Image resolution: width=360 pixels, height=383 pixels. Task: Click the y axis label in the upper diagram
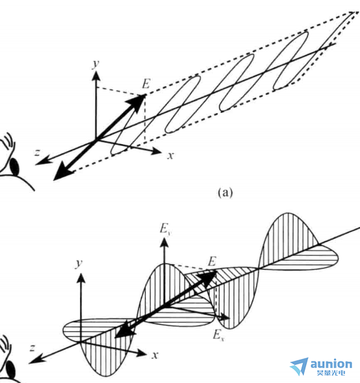point(96,64)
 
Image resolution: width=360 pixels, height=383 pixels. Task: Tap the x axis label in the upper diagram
point(170,155)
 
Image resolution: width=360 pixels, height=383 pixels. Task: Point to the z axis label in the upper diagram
point(37,153)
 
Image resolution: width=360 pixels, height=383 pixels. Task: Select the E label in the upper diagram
point(146,84)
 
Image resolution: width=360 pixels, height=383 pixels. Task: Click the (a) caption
point(225,193)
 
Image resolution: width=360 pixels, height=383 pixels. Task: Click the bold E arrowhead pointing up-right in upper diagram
point(138,101)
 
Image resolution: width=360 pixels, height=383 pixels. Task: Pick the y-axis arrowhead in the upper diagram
point(96,75)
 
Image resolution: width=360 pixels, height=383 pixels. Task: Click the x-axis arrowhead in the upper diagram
point(156,151)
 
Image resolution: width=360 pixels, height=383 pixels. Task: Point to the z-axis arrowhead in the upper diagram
point(41,162)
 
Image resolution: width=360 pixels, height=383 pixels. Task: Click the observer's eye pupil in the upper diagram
point(14,167)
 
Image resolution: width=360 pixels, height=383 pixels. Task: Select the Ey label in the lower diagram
point(165,229)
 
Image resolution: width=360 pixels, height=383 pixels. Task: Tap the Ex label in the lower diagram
point(218,335)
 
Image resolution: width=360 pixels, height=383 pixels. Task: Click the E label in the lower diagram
point(212,262)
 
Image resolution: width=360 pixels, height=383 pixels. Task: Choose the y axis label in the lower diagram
point(79,264)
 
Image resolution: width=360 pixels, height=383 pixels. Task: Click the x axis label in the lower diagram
point(155,355)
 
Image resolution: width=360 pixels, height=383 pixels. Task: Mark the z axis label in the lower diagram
point(32,347)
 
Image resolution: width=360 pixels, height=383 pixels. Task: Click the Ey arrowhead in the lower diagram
point(164,243)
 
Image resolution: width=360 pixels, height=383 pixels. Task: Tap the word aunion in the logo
point(331,364)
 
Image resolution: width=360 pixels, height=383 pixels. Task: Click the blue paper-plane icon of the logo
point(300,366)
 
